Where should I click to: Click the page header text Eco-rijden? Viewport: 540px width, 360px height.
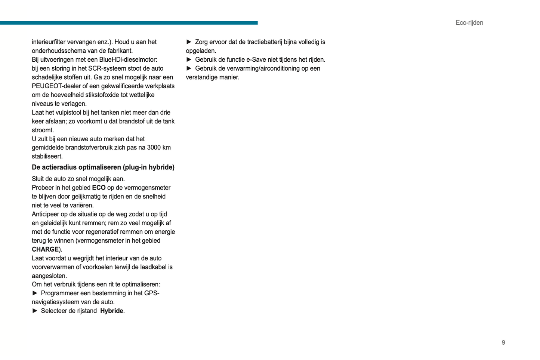click(x=469, y=23)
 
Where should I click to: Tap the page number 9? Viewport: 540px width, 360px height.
click(x=503, y=342)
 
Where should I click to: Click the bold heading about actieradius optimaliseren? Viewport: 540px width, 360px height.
click(x=103, y=167)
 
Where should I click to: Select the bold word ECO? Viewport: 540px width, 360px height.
click(x=99, y=188)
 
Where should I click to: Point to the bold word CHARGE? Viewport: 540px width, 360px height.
click(x=45, y=249)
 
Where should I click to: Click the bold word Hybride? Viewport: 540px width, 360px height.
click(x=111, y=311)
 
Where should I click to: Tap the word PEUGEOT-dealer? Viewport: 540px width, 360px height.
click(x=56, y=86)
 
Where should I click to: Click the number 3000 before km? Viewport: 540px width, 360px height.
click(x=154, y=148)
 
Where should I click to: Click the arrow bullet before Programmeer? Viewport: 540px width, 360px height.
click(x=35, y=293)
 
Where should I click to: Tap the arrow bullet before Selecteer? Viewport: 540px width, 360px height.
click(x=35, y=311)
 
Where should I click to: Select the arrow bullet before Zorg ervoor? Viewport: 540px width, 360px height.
click(x=189, y=42)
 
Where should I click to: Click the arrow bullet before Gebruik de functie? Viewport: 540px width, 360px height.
click(x=189, y=59)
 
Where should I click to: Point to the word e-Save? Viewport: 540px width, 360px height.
click(x=256, y=60)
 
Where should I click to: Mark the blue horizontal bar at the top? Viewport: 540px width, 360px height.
click(x=129, y=23)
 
